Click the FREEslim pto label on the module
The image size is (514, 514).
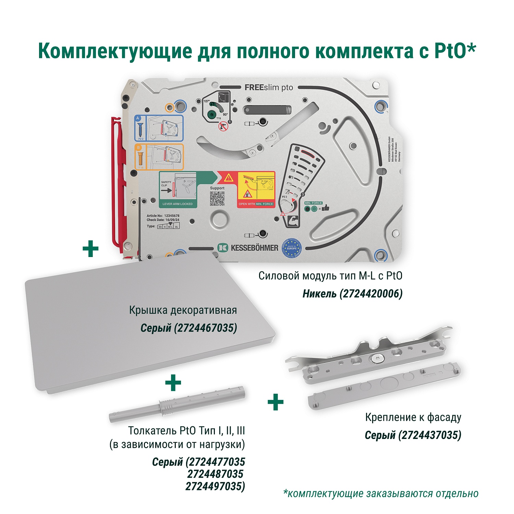tap(269, 88)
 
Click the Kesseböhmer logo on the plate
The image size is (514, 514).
tap(248, 248)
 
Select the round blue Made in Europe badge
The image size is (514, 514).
tap(291, 248)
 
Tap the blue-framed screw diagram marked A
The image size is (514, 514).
tap(159, 128)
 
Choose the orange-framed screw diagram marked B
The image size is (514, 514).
tap(159, 157)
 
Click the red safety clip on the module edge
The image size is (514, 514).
tap(117, 185)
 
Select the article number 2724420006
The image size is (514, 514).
tap(371, 294)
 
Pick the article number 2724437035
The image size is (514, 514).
tap(430, 435)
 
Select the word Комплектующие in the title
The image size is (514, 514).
tap(115, 51)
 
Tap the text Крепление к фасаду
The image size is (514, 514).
tap(413, 417)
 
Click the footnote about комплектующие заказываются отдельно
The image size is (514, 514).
tap(381, 493)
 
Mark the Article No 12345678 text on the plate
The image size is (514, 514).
tap(163, 216)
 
